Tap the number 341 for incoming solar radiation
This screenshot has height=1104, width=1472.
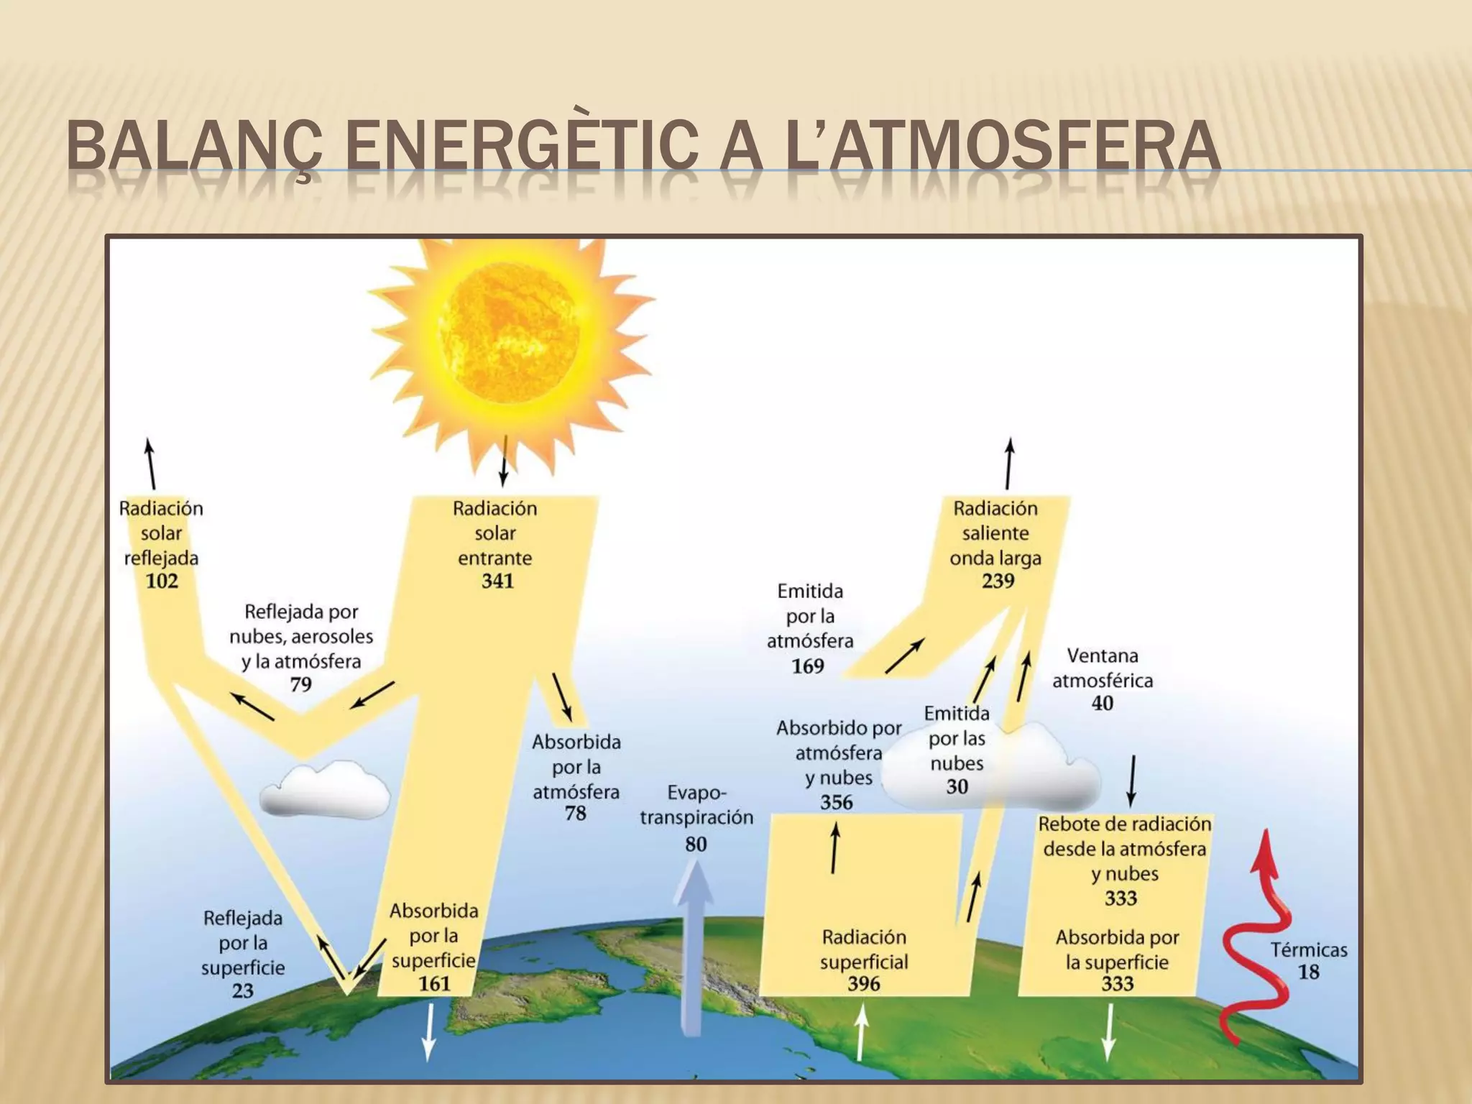pyautogui.click(x=497, y=581)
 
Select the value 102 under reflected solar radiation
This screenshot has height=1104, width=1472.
pyautogui.click(x=162, y=581)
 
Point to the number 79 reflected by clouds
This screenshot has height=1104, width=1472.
pyautogui.click(x=300, y=684)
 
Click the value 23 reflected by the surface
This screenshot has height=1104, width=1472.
pyautogui.click(x=242, y=990)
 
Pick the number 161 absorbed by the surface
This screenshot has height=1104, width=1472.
pyautogui.click(x=434, y=983)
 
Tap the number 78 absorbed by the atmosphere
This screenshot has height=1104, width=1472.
pyautogui.click(x=575, y=814)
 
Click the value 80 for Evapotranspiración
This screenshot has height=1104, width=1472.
pyautogui.click(x=695, y=844)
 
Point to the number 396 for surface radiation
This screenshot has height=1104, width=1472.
pyautogui.click(x=863, y=983)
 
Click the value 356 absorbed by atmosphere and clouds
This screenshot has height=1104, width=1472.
pyautogui.click(x=837, y=802)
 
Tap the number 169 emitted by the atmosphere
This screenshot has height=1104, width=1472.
pyautogui.click(x=808, y=666)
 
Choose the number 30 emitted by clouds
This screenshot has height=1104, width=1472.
pyautogui.click(x=957, y=786)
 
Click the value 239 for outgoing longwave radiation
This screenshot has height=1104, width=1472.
pyautogui.click(x=998, y=581)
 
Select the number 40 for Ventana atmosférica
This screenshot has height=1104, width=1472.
pyautogui.click(x=1102, y=703)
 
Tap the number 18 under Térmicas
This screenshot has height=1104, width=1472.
pyautogui.click(x=1308, y=972)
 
